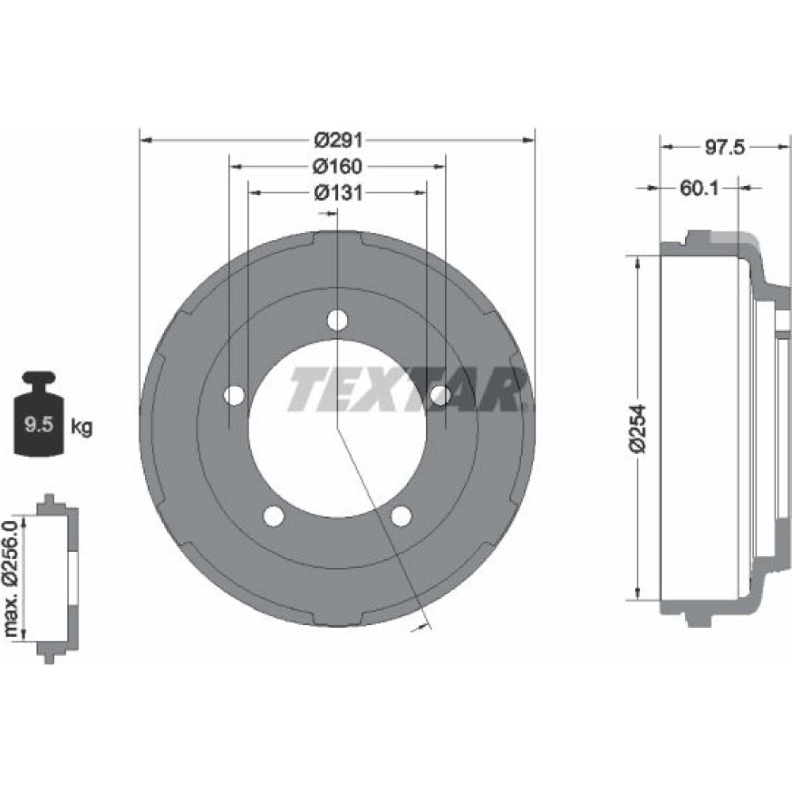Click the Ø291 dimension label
coord(338,140)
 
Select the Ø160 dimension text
coord(337,166)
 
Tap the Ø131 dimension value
coord(338,192)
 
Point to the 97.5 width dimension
coord(725,147)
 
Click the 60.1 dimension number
coord(699,188)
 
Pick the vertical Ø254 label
coord(638,428)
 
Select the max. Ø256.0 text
coord(10,579)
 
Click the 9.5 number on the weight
coord(39,424)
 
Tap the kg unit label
coord(82,427)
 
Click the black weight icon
coord(39,413)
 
